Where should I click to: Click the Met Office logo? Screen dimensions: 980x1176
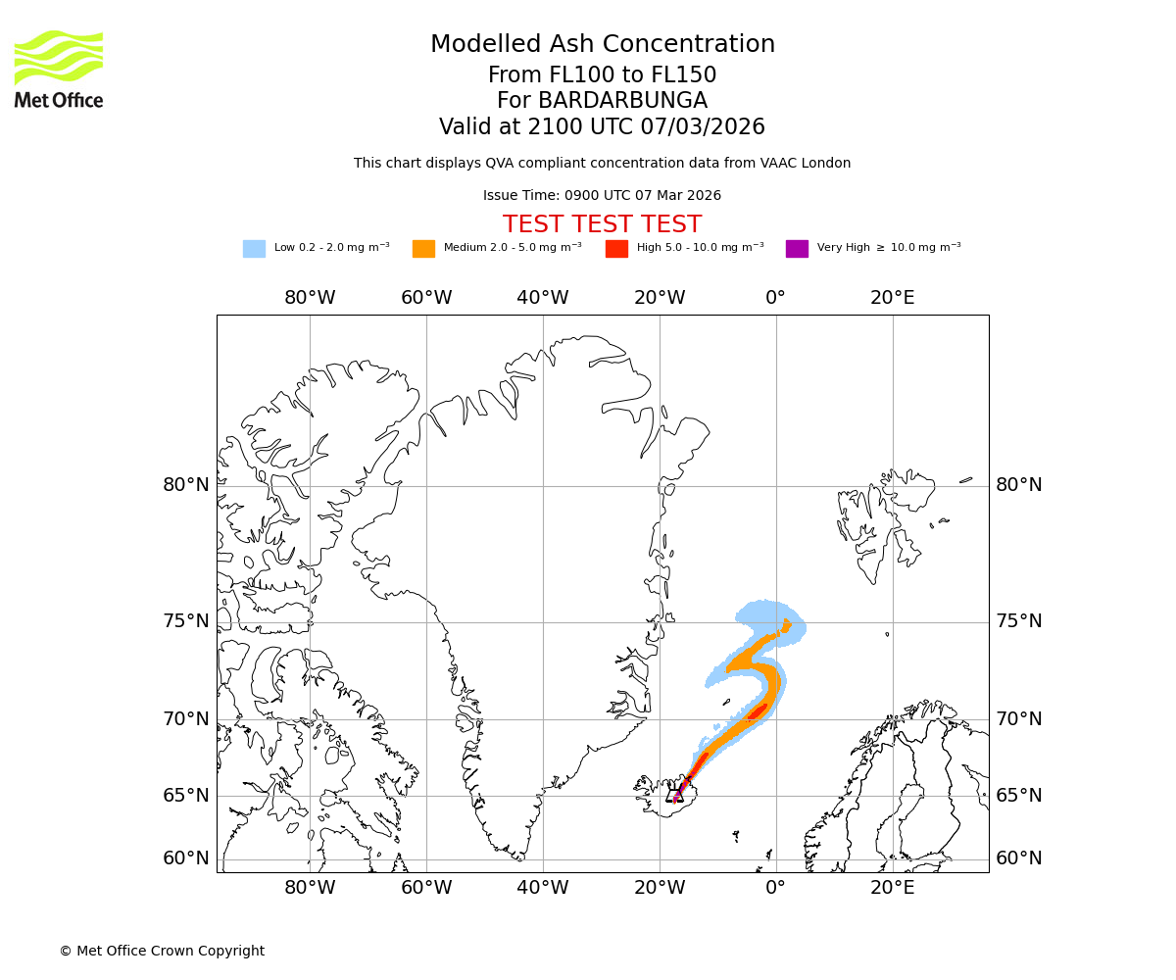pyautogui.click(x=59, y=69)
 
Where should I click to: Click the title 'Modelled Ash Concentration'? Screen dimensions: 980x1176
pyautogui.click(x=603, y=44)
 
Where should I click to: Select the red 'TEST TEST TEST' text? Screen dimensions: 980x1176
pyautogui.click(x=602, y=224)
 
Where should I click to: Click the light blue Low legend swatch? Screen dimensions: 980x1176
pyautogui.click(x=254, y=248)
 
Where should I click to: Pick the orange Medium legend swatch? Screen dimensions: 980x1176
pyautogui.click(x=423, y=248)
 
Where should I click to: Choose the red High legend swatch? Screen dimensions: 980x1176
pyautogui.click(x=616, y=248)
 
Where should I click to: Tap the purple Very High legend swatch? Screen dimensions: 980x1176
pyautogui.click(x=797, y=248)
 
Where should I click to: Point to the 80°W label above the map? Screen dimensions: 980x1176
pyautogui.click(x=310, y=298)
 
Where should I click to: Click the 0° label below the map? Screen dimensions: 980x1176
pyautogui.click(x=776, y=889)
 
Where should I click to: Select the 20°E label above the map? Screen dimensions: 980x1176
pyautogui.click(x=892, y=298)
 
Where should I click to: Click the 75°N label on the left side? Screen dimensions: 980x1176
pyautogui.click(x=186, y=621)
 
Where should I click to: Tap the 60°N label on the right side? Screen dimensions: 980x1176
pyautogui.click(x=1019, y=858)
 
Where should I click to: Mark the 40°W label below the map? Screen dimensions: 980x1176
pyautogui.click(x=543, y=889)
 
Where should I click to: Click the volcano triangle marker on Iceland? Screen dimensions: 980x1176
pyautogui.click(x=675, y=794)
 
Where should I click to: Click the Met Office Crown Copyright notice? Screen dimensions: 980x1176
pyautogui.click(x=162, y=951)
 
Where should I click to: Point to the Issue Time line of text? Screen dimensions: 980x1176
pyautogui.click(x=602, y=195)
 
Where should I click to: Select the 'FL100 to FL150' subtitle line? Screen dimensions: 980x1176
pyautogui.click(x=602, y=75)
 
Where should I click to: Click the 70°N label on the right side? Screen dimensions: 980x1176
pyautogui.click(x=1019, y=719)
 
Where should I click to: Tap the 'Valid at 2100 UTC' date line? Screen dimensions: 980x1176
pyautogui.click(x=602, y=127)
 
